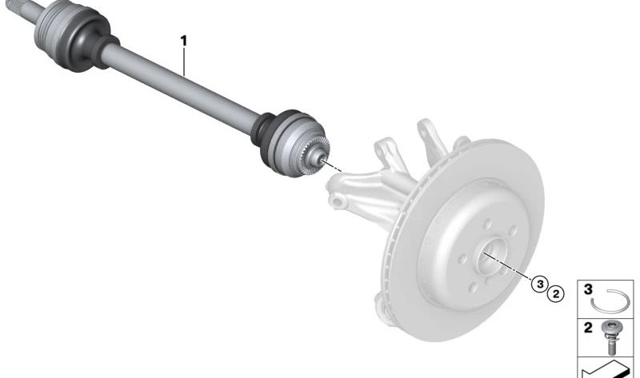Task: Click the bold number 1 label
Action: [x=184, y=42]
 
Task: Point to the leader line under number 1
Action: [x=184, y=62]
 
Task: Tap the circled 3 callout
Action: [x=540, y=284]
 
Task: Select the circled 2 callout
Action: [x=555, y=293]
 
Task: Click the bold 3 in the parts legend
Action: [x=588, y=290]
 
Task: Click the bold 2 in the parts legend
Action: [x=588, y=328]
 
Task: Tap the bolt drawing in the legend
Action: [x=610, y=336]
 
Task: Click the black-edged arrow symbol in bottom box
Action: [x=605, y=369]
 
